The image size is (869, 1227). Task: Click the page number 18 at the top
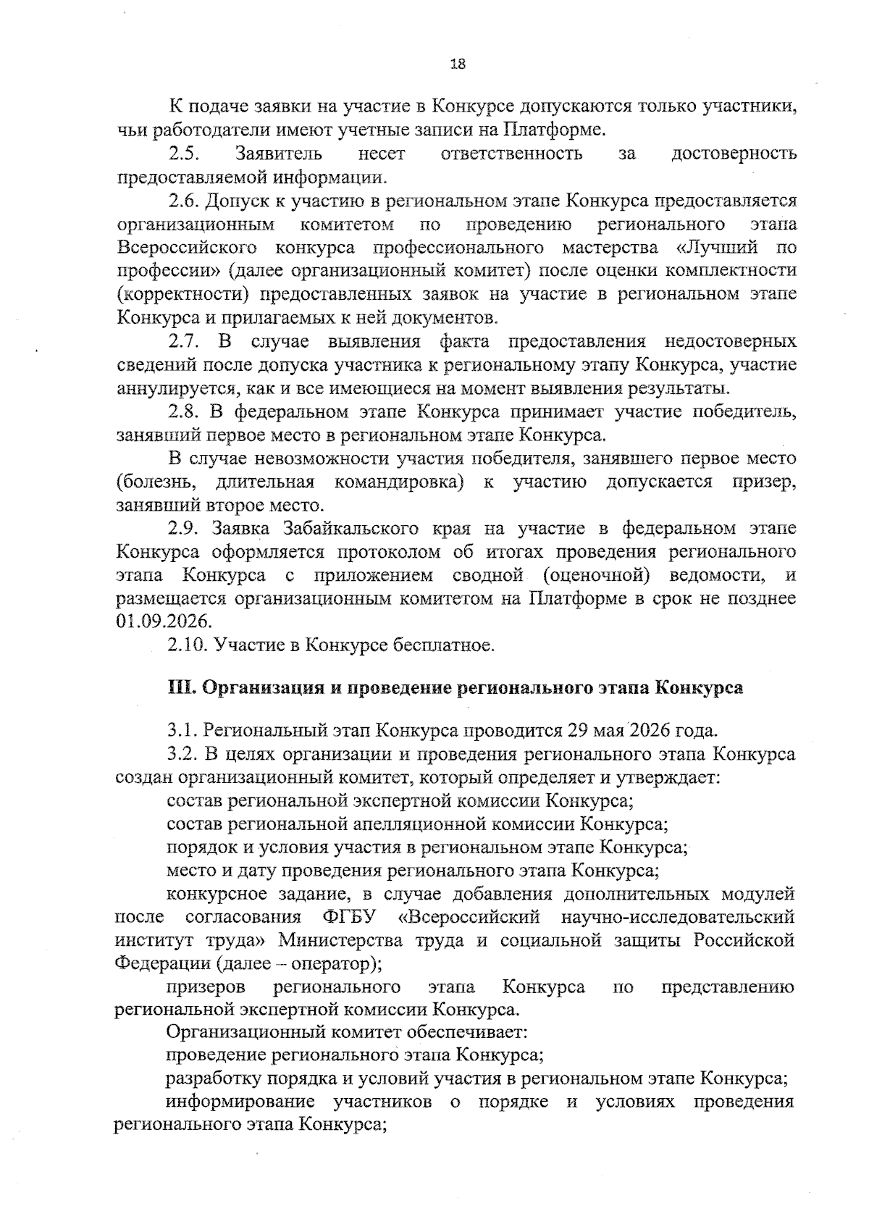point(457,64)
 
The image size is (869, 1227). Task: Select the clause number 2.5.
point(184,154)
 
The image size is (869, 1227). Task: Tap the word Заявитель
point(279,154)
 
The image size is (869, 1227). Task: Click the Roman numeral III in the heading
point(180,688)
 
